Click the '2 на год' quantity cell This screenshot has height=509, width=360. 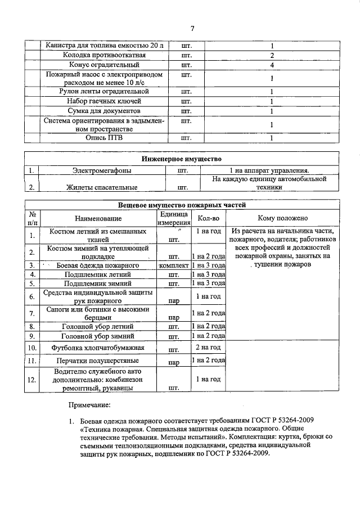(208, 348)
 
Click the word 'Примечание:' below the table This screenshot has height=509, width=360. (89, 405)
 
